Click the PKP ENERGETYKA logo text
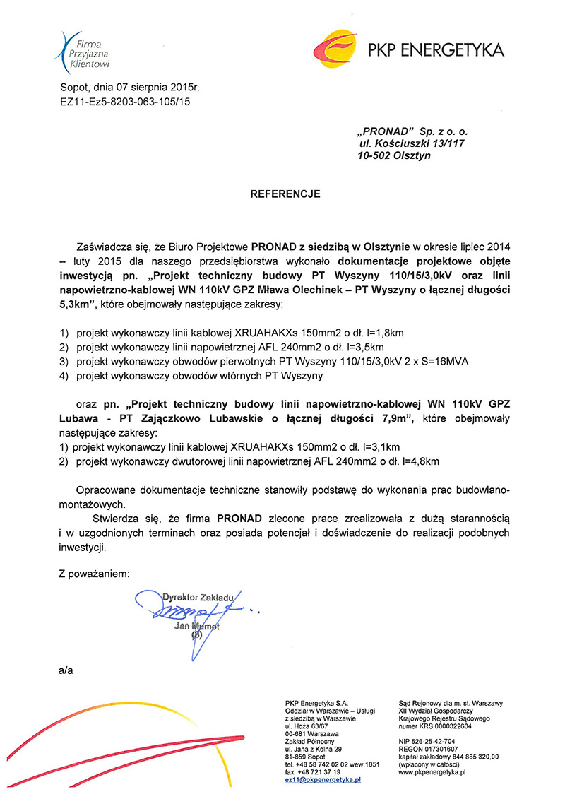[435, 50]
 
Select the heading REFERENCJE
[285, 193]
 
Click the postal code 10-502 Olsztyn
[394, 155]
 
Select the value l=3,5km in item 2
[361, 347]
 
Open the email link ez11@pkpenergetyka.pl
[323, 780]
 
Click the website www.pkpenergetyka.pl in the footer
[432, 773]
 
